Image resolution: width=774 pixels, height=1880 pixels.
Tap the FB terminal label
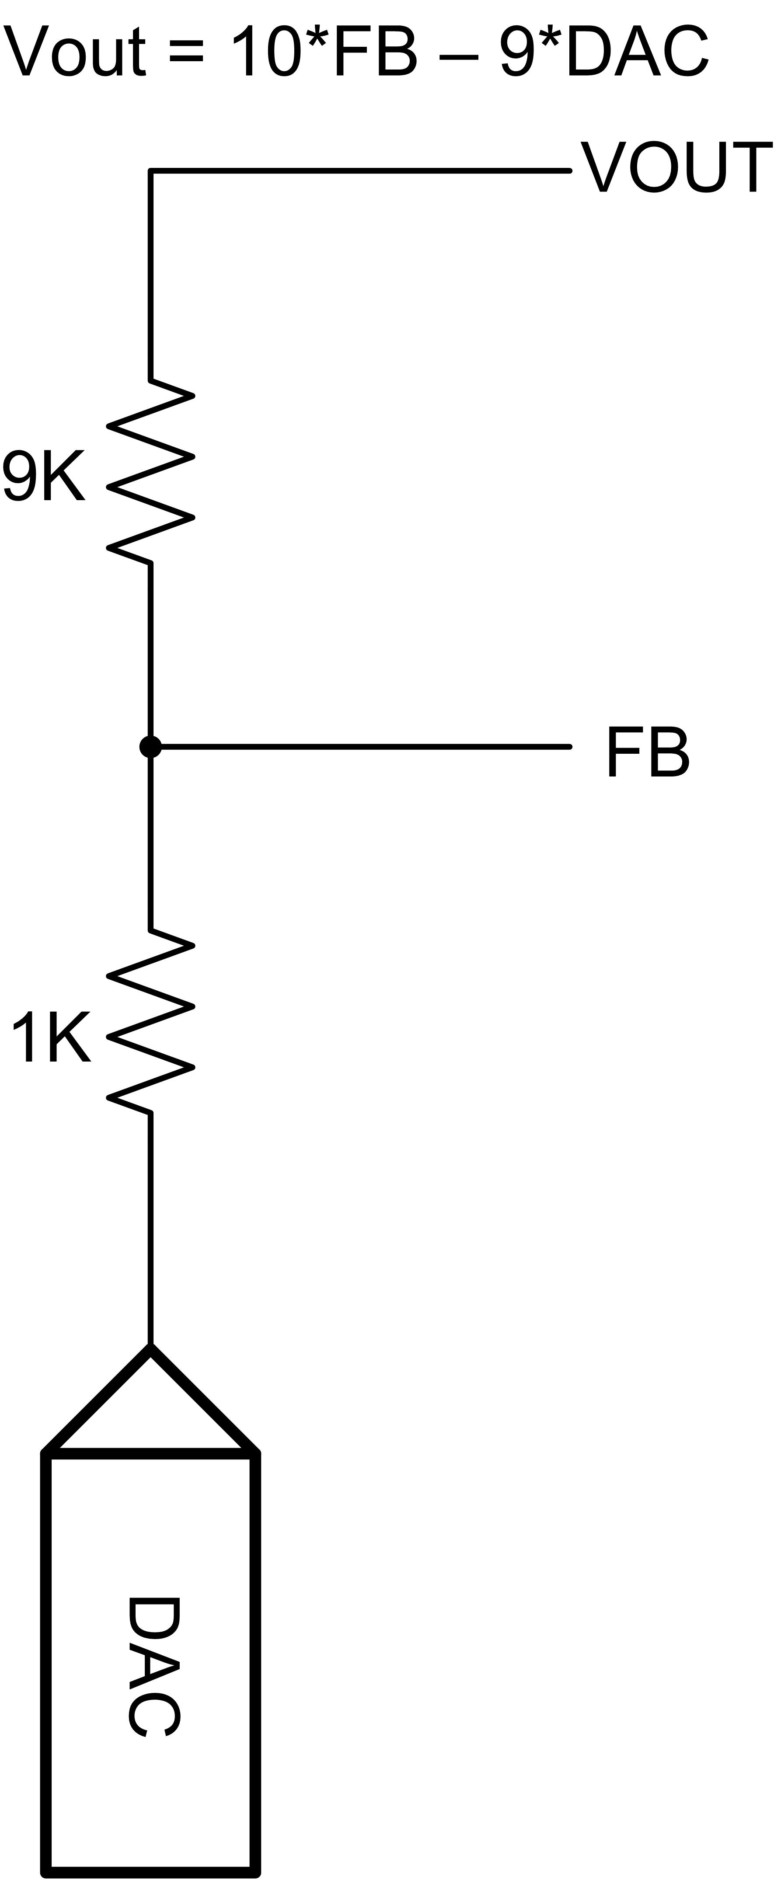pyautogui.click(x=648, y=752)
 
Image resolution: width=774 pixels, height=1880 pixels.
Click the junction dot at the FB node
pyautogui.click(x=150, y=747)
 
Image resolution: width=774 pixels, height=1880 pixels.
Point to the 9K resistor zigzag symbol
pyautogui.click(x=150, y=471)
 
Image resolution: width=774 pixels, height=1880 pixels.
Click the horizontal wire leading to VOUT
pyautogui.click(x=360, y=171)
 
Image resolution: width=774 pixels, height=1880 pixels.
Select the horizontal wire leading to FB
pyautogui.click(x=365, y=747)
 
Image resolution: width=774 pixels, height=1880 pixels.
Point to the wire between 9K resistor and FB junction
pyautogui.click(x=150, y=650)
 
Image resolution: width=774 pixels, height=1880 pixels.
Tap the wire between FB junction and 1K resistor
pyautogui.click(x=150, y=844)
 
